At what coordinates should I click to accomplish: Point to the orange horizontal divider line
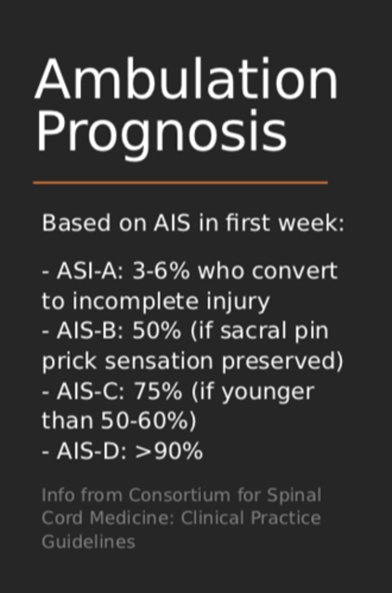coord(180,183)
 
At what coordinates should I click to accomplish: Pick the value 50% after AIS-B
coord(156,331)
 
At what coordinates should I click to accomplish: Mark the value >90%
coord(169,451)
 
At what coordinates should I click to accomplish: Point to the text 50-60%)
coord(148,421)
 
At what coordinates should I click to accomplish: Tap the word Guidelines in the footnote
coord(88,542)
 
